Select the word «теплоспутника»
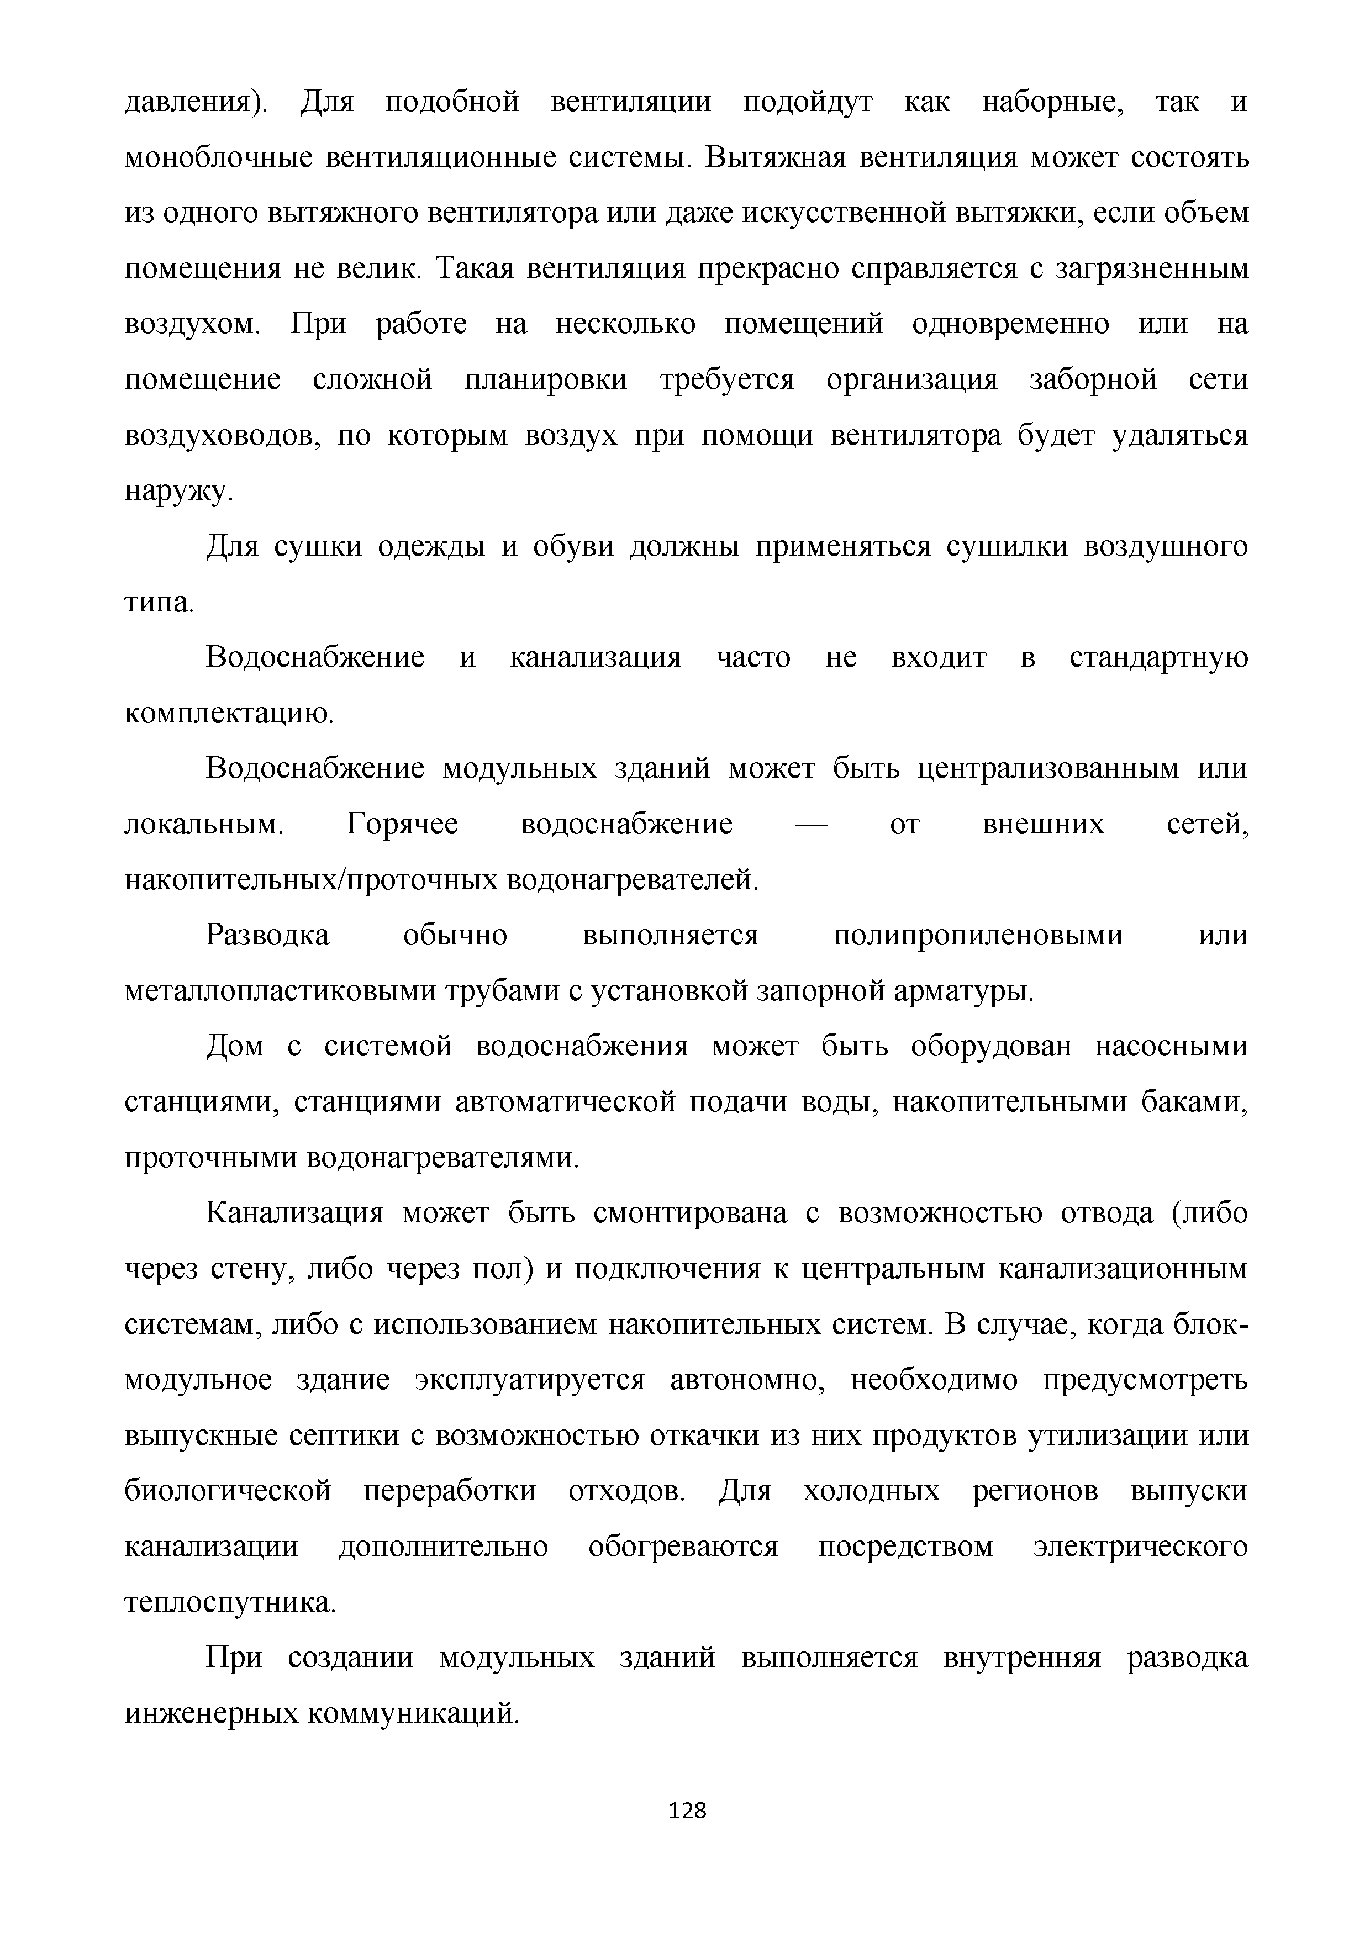click(x=229, y=1603)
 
